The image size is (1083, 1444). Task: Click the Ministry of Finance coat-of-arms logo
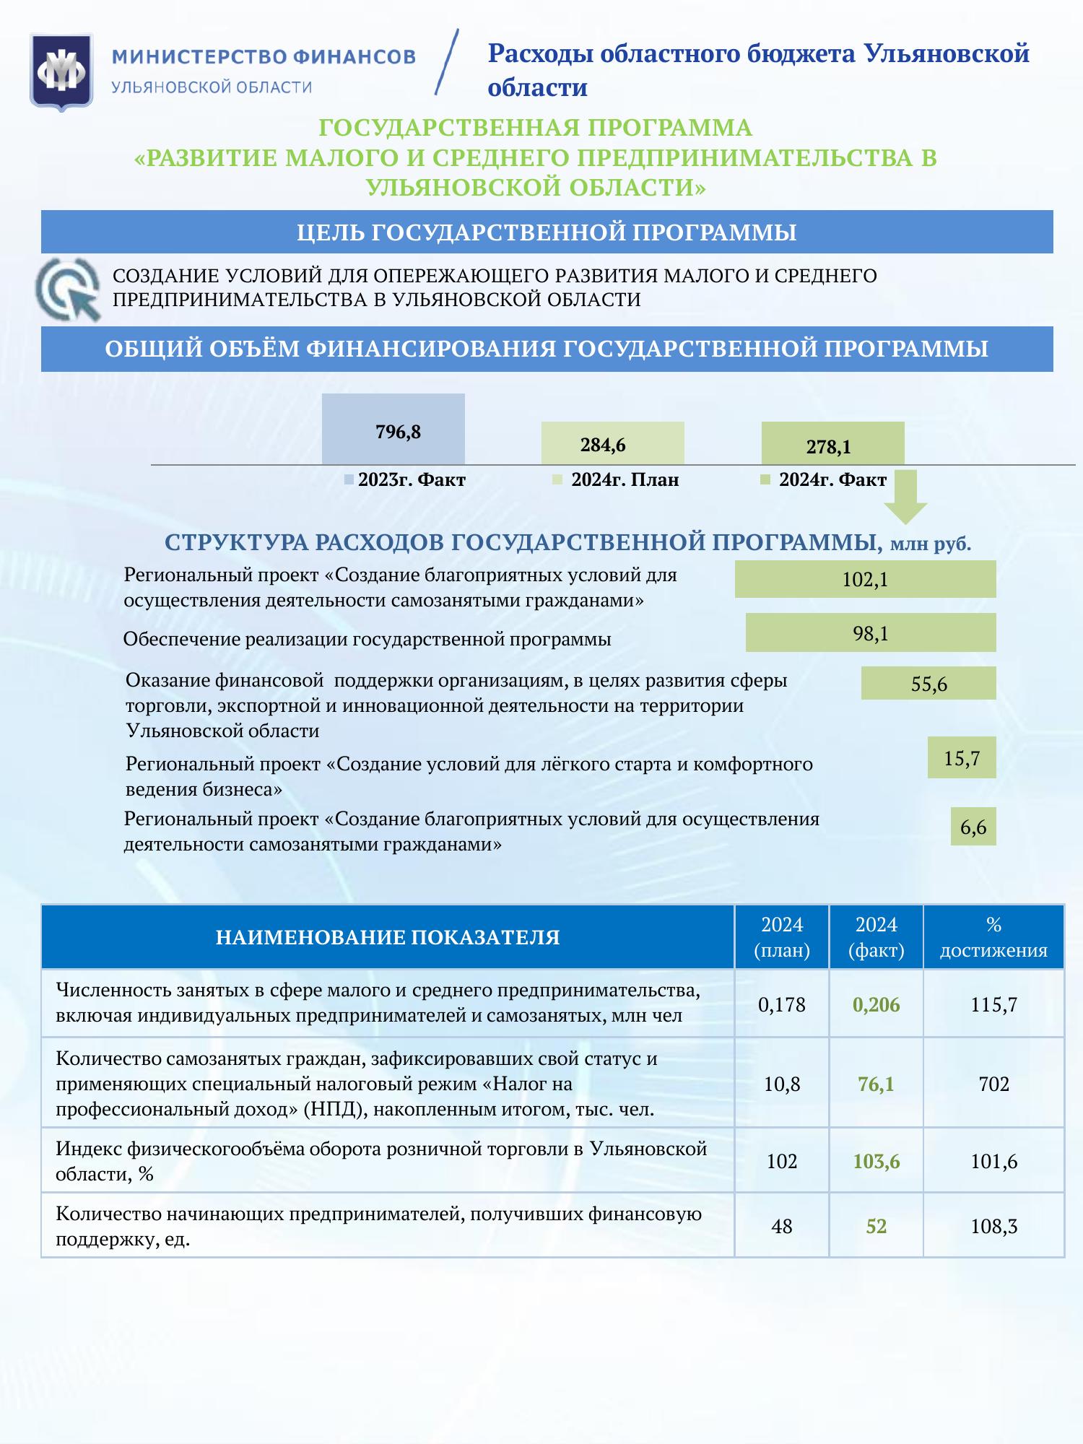(x=61, y=72)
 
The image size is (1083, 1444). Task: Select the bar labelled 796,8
(x=393, y=429)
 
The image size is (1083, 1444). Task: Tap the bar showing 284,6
(x=612, y=443)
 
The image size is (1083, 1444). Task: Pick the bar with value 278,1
(x=832, y=443)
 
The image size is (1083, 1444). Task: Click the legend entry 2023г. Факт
(x=405, y=480)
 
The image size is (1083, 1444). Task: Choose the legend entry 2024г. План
(x=617, y=480)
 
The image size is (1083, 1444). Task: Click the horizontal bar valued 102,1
(x=865, y=579)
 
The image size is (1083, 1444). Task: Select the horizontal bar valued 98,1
(x=870, y=632)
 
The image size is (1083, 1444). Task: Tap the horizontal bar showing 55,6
(x=928, y=683)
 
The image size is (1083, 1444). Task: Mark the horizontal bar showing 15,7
(x=962, y=757)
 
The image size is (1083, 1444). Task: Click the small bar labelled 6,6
(x=973, y=826)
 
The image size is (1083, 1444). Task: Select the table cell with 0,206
(x=876, y=1004)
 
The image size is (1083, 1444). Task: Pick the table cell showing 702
(x=993, y=1084)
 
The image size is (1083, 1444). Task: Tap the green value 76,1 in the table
(x=876, y=1084)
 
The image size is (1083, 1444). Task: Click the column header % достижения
(x=993, y=937)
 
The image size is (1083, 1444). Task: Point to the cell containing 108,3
(x=993, y=1226)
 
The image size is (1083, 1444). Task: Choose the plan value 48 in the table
(x=782, y=1226)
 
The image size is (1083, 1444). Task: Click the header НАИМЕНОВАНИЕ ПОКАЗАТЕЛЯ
(x=388, y=937)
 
